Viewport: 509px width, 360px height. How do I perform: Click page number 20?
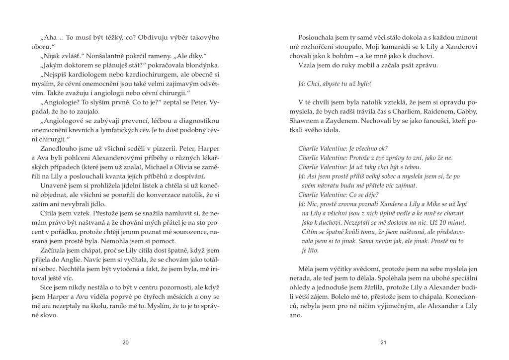(x=125, y=342)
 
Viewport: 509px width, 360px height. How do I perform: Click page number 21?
(x=383, y=342)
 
